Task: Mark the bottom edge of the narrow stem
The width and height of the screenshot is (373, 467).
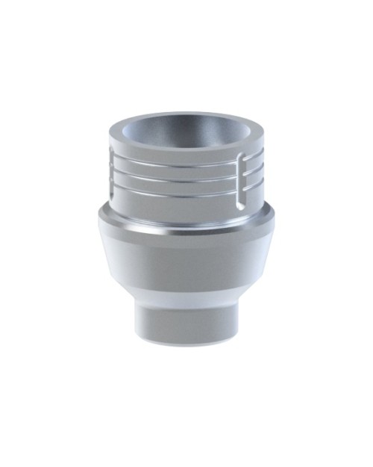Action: [186, 339]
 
